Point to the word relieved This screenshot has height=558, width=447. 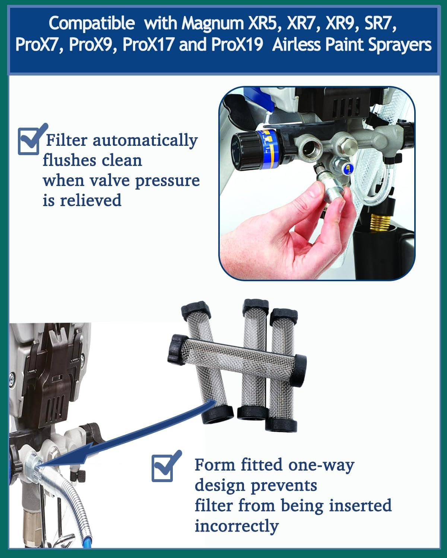(x=91, y=201)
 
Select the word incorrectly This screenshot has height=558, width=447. (x=237, y=526)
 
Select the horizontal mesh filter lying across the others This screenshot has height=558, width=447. (x=237, y=361)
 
